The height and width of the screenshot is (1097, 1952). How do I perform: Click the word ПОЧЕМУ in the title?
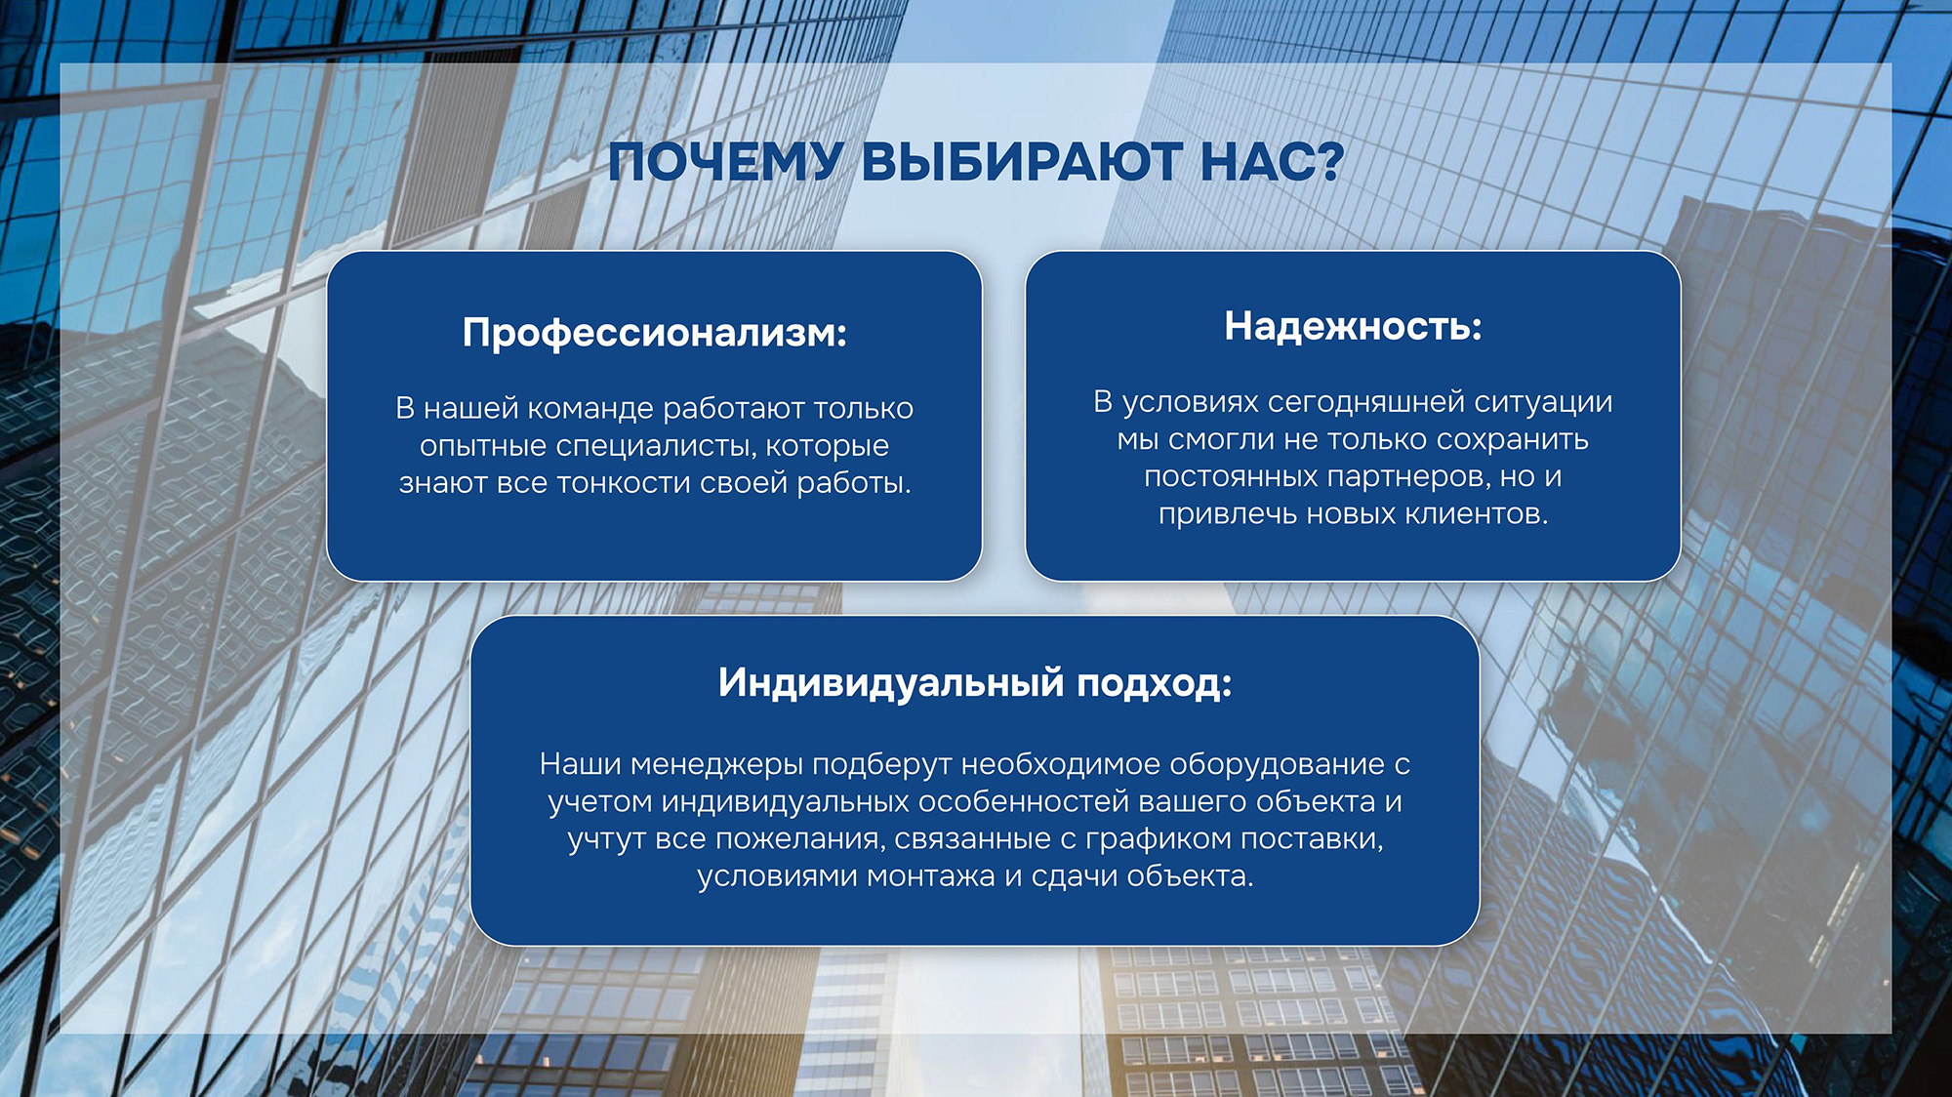click(724, 162)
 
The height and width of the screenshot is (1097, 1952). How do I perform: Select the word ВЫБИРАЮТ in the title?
click(1021, 161)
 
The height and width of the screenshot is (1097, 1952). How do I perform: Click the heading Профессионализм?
click(655, 334)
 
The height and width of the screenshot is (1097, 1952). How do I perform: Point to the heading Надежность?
click(1353, 327)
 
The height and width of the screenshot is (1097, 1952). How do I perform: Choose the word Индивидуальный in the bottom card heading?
click(891, 683)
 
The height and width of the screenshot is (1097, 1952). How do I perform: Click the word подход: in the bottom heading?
click(1155, 683)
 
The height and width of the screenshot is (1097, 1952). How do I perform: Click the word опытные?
click(483, 447)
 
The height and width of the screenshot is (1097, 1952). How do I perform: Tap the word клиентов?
click(1478, 514)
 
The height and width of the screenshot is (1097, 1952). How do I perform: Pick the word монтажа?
click(932, 876)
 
